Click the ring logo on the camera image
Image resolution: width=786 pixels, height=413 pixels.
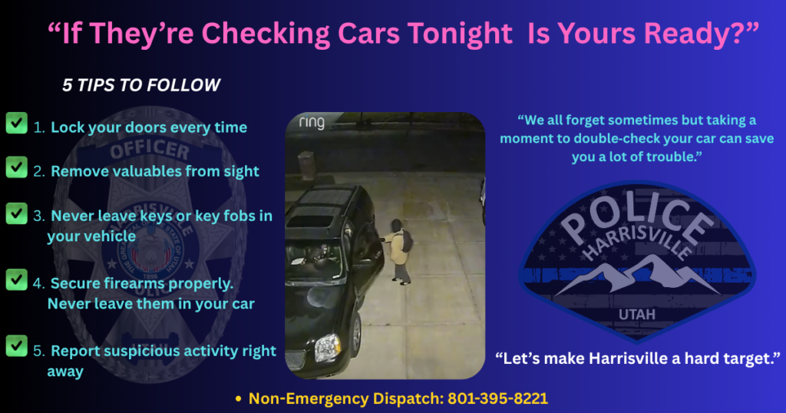[x=312, y=123]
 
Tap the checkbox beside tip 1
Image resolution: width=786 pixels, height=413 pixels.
[x=17, y=123]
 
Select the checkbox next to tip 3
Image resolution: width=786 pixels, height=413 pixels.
[x=17, y=213]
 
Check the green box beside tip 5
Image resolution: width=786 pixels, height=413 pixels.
[x=17, y=346]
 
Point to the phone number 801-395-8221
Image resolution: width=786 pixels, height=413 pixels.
[x=497, y=398]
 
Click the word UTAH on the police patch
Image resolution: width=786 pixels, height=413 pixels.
[x=637, y=314]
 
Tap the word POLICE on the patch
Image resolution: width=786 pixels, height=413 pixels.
[x=636, y=216]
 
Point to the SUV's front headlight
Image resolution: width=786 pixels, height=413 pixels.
[x=328, y=347]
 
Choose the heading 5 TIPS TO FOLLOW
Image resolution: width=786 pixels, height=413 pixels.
[x=141, y=85]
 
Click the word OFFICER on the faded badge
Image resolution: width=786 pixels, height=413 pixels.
[x=150, y=149]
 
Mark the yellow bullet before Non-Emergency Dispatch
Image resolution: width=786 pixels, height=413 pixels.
[x=239, y=399]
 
